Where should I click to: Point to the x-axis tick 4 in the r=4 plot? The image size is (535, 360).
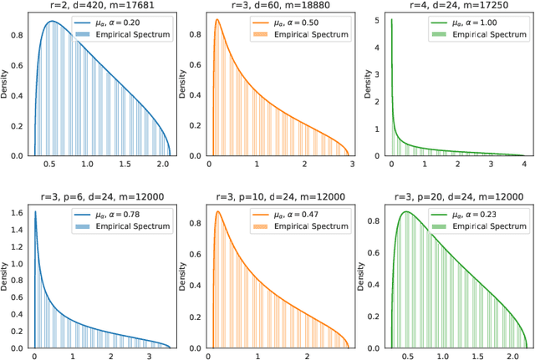click(524, 165)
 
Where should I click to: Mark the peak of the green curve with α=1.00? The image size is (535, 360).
click(392, 21)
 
